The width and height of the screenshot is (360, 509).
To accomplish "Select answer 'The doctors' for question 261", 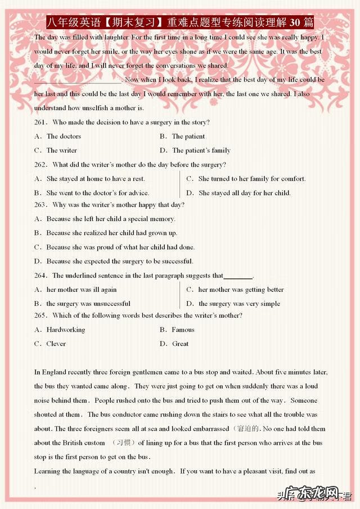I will click(x=64, y=136).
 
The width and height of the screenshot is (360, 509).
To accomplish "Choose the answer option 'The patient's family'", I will click(x=201, y=150).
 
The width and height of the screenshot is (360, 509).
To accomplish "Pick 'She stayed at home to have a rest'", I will click(x=96, y=179).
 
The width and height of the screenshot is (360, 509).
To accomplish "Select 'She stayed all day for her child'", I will click(x=244, y=193).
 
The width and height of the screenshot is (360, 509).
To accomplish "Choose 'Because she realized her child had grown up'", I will click(x=111, y=233).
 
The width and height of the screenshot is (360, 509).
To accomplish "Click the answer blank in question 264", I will click(x=238, y=277).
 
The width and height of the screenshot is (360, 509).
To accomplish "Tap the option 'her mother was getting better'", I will click(x=241, y=290).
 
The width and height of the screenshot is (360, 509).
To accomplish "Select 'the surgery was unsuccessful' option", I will click(x=88, y=304).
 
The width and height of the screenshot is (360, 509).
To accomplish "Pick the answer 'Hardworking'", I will click(x=66, y=330).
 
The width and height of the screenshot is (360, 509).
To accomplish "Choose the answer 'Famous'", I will click(x=183, y=330).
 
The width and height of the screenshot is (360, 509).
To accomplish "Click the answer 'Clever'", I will click(x=56, y=344).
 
